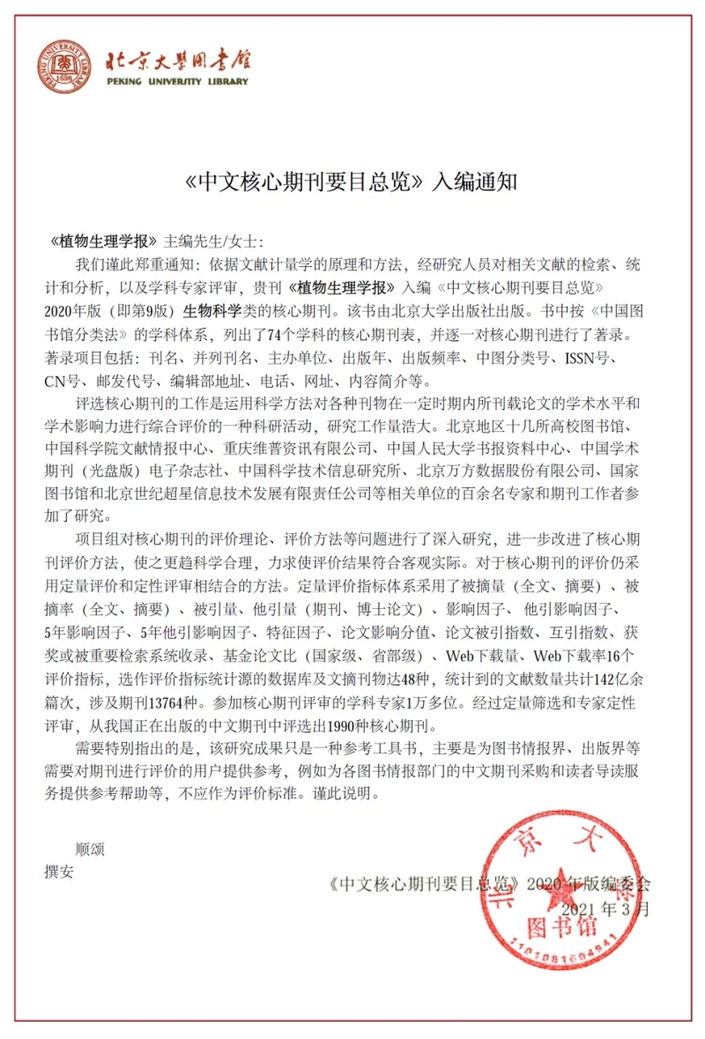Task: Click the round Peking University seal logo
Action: (x=63, y=67)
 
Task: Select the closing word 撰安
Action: (x=60, y=872)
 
